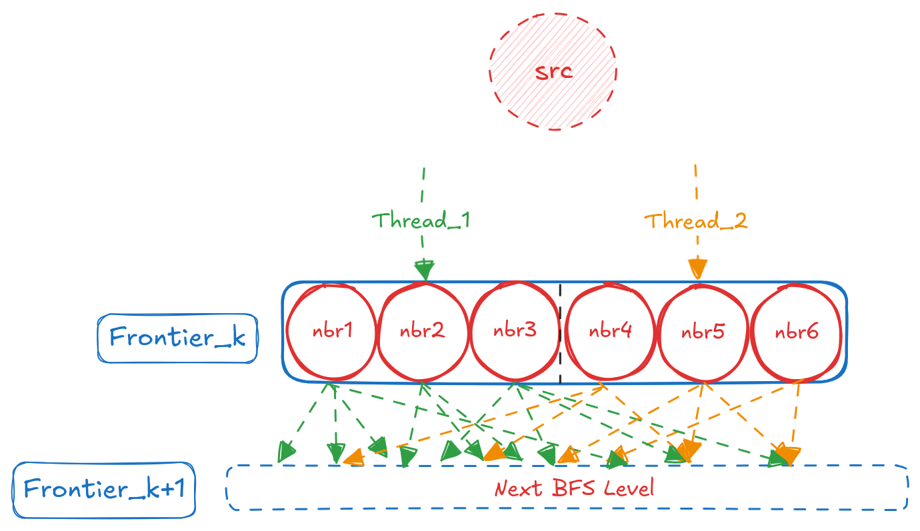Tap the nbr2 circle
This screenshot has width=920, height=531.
[x=423, y=331]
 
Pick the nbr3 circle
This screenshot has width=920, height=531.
[x=515, y=331]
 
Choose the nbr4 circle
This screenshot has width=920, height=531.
[x=610, y=331]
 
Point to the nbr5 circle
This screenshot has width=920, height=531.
[x=703, y=331]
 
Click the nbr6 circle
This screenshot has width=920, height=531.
[x=796, y=331]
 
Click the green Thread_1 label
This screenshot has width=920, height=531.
[x=421, y=221]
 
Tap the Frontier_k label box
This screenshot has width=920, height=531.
[x=177, y=338]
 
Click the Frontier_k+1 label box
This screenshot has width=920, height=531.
[x=104, y=490]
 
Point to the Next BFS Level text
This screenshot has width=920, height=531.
[x=574, y=488]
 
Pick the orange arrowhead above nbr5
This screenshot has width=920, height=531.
[x=697, y=269]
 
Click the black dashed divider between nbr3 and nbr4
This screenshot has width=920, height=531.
[x=560, y=333]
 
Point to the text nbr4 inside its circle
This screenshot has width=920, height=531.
[x=610, y=331]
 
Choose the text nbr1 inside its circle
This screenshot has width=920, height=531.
[x=331, y=331]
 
